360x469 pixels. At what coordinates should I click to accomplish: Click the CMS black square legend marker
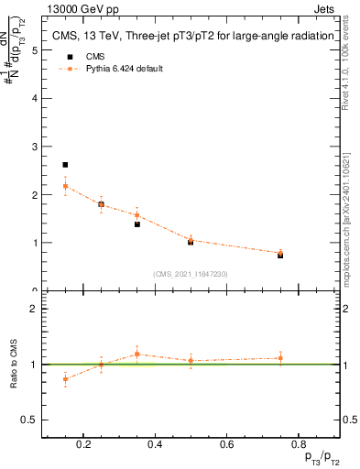click(67, 57)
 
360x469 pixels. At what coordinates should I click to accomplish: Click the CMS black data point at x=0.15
click(65, 165)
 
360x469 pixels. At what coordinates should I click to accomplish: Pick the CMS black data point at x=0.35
click(137, 224)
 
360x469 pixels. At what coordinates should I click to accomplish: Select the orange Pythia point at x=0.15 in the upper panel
click(65, 186)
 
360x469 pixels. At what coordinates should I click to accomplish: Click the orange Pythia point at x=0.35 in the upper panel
click(137, 215)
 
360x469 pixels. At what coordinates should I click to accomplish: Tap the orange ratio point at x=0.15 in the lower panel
click(65, 378)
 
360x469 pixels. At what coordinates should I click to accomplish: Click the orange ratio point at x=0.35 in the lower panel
click(136, 354)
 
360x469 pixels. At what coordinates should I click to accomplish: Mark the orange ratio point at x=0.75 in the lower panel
click(280, 358)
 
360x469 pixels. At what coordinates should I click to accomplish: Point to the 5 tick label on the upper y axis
click(34, 50)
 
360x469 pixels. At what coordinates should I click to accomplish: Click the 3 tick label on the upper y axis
click(34, 147)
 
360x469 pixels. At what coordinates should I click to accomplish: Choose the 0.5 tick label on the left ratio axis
click(28, 420)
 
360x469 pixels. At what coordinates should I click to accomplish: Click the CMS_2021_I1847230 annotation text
click(190, 274)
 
